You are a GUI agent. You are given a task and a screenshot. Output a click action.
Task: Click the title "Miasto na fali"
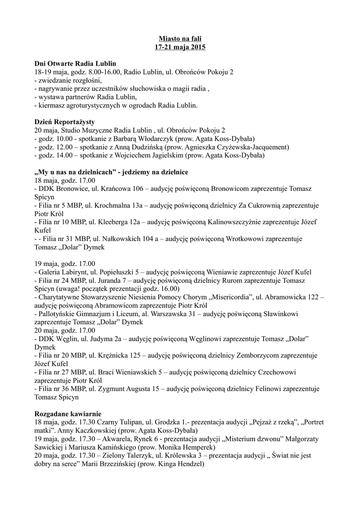coord(180,38)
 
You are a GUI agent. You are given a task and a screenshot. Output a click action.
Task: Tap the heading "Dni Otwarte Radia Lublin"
coord(75,64)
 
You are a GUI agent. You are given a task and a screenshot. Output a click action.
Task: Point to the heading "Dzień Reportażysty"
coord(65,121)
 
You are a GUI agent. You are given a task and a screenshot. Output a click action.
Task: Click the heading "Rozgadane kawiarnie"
coord(68,414)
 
